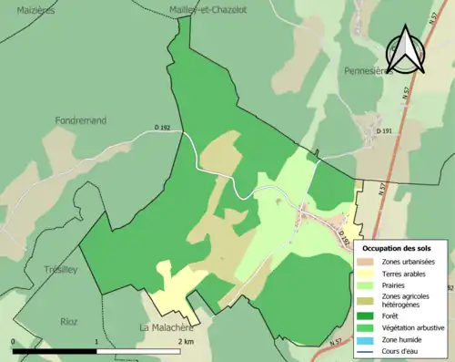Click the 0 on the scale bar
point(14,341)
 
